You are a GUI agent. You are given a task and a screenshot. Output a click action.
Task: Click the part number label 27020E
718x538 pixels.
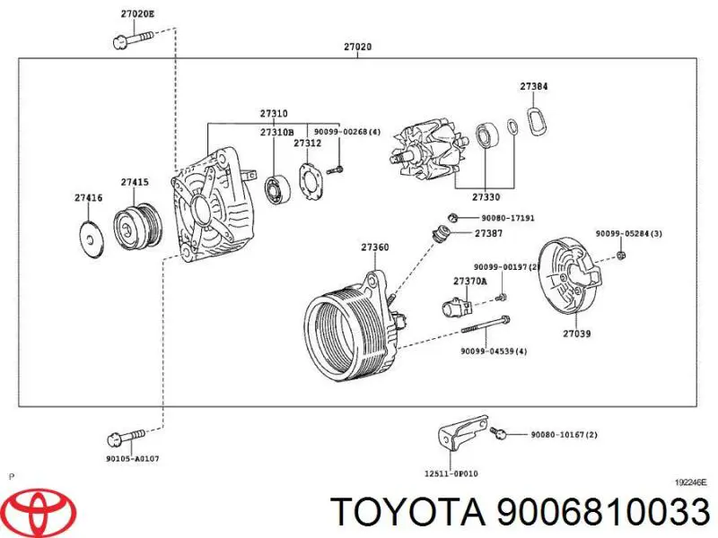pyautogui.click(x=137, y=14)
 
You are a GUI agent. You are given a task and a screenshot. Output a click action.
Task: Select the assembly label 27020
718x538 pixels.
pyautogui.click(x=358, y=47)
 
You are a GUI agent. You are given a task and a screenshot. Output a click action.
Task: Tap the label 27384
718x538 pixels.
pyautogui.click(x=534, y=87)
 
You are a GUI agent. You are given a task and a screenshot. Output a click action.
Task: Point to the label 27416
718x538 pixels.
pyautogui.click(x=88, y=196)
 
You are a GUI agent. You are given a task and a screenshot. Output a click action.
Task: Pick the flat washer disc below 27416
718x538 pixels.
pyautogui.click(x=91, y=238)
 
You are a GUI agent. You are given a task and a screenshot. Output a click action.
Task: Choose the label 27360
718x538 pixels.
pyautogui.click(x=375, y=247)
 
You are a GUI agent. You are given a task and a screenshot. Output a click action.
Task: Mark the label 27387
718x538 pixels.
pyautogui.click(x=488, y=233)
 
